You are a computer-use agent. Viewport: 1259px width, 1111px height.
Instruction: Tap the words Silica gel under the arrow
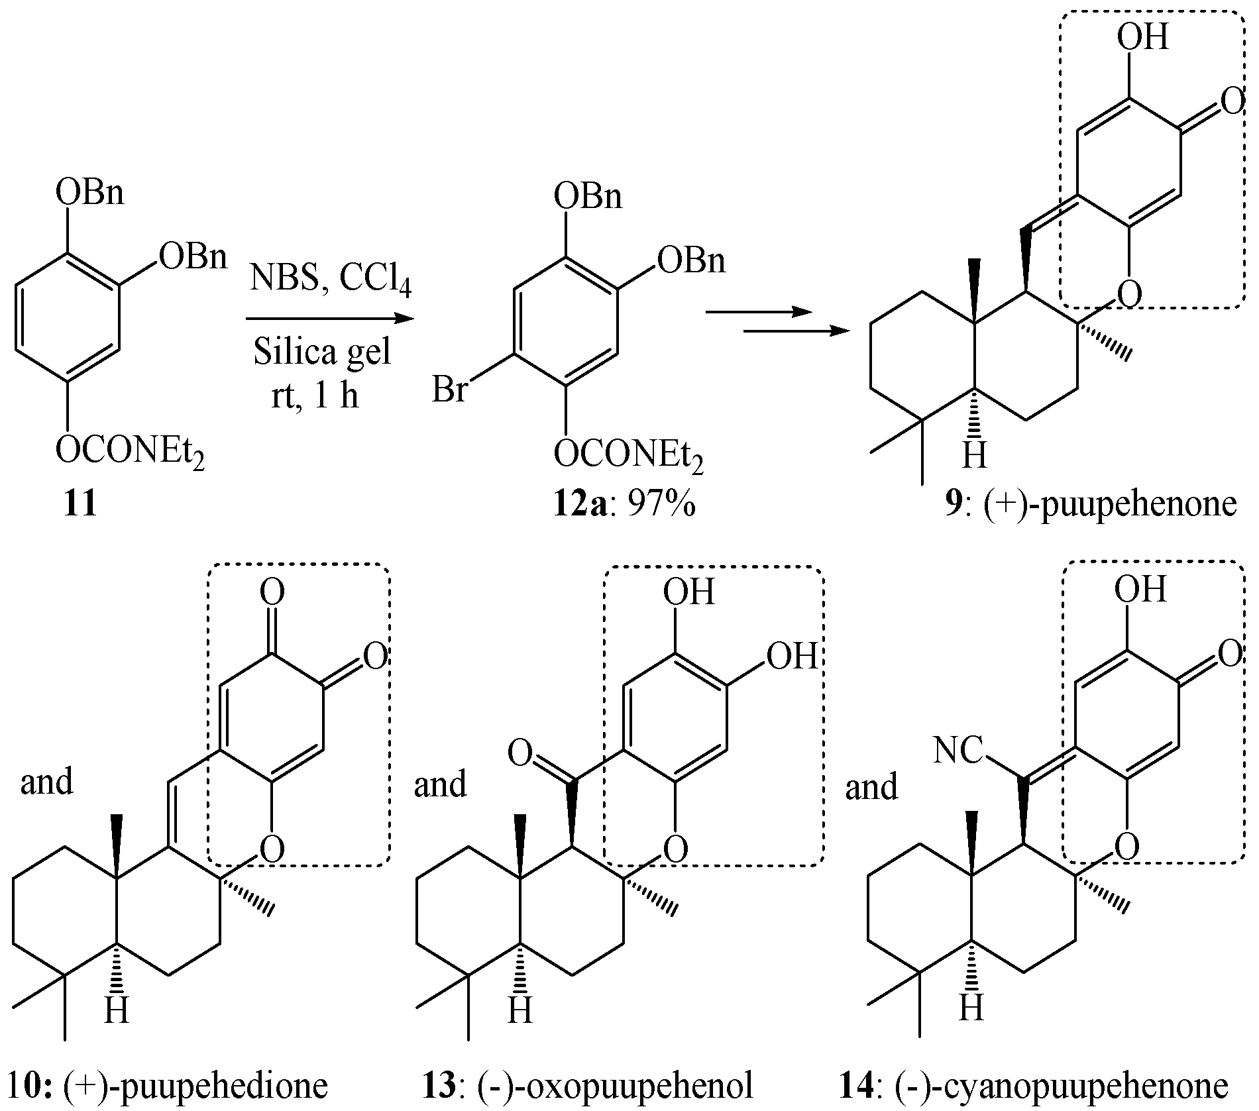(x=323, y=352)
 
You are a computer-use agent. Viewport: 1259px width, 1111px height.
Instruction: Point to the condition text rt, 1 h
(x=315, y=396)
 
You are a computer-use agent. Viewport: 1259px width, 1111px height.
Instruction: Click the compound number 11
(x=80, y=505)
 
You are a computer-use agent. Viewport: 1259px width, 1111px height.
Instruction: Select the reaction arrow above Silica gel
(x=329, y=319)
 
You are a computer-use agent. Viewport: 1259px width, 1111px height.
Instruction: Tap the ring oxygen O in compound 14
(x=1126, y=846)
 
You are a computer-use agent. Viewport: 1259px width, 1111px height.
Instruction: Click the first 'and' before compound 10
(x=46, y=782)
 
